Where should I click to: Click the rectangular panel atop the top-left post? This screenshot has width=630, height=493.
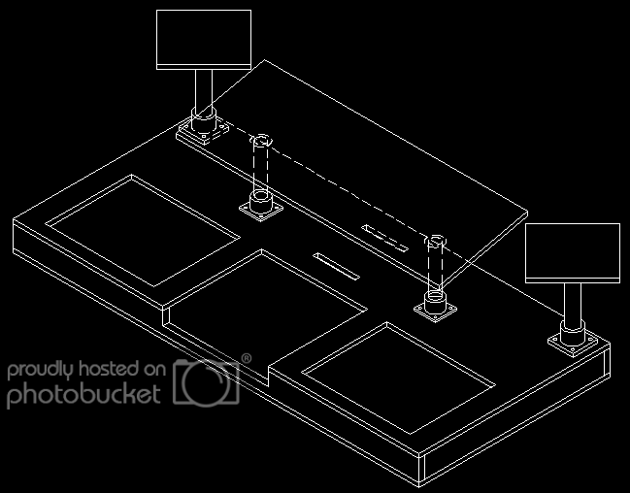[x=204, y=39]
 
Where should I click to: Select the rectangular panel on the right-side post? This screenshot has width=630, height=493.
[x=572, y=252]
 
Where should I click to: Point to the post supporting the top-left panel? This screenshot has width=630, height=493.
[x=203, y=92]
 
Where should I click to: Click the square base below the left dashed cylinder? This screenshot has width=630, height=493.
[x=260, y=207]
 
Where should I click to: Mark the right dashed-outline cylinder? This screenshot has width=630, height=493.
[x=436, y=262]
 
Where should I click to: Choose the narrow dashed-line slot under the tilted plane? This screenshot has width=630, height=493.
[x=385, y=237]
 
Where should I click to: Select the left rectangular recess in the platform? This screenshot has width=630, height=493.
[x=145, y=229]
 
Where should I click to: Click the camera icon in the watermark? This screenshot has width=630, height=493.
[x=206, y=381]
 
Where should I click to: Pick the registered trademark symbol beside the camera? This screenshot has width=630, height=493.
[x=246, y=359]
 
